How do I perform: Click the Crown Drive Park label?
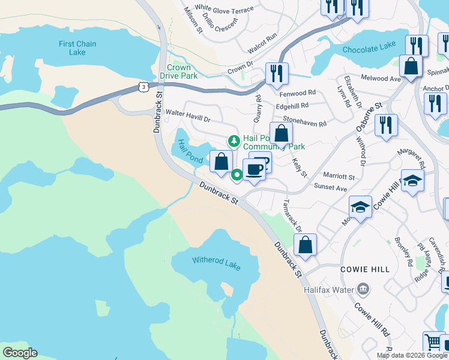[179, 72]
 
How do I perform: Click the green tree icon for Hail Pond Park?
[234, 142]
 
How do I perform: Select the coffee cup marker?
[254, 169]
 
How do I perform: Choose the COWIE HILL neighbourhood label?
[365, 269]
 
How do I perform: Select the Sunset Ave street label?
[332, 188]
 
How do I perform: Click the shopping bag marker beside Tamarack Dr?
[305, 245]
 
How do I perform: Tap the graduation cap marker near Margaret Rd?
[412, 181]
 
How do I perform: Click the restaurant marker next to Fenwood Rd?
[277, 74]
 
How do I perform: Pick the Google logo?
[20, 353]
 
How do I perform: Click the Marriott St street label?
[340, 178]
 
